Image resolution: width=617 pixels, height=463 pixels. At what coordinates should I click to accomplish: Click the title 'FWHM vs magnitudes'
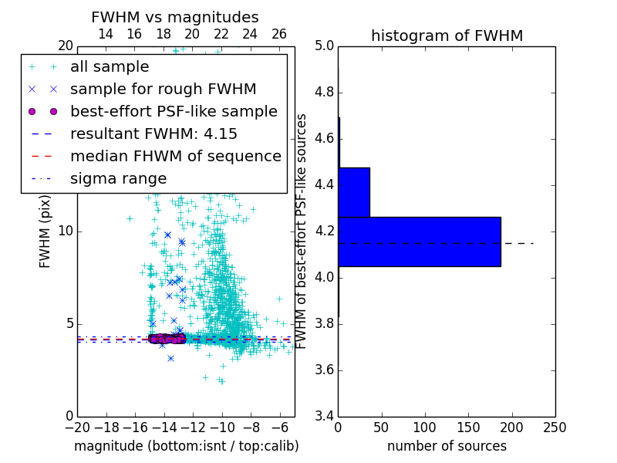(x=175, y=17)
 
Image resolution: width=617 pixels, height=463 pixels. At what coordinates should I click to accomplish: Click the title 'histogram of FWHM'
(x=447, y=35)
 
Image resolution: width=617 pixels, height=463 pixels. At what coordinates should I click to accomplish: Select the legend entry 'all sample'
(x=110, y=67)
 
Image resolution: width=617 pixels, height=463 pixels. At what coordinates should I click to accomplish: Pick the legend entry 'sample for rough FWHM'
(x=163, y=90)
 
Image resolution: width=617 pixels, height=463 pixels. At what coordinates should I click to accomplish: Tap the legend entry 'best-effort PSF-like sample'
(x=174, y=112)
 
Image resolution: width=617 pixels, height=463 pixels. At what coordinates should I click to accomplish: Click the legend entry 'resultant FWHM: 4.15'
(x=153, y=134)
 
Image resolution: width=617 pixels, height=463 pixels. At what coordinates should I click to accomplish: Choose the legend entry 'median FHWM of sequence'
(x=175, y=157)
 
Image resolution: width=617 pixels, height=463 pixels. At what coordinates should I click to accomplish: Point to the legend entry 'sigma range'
(x=118, y=179)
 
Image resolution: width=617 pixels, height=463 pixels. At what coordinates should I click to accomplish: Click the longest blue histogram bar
(x=419, y=242)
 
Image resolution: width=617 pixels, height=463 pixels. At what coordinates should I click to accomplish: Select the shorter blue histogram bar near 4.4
(x=354, y=192)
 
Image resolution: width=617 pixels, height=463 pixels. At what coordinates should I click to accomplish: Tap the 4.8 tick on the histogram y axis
(x=325, y=93)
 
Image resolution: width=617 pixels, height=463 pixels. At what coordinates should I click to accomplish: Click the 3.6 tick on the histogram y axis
(x=325, y=370)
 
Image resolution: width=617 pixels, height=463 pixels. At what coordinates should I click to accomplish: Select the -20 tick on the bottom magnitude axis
(x=77, y=428)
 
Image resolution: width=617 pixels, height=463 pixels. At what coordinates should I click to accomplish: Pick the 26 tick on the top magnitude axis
(x=279, y=35)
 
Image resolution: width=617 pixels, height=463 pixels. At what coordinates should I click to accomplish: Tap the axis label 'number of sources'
(x=447, y=446)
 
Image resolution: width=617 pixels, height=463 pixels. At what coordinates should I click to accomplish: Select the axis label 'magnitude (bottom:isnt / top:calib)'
(x=186, y=446)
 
